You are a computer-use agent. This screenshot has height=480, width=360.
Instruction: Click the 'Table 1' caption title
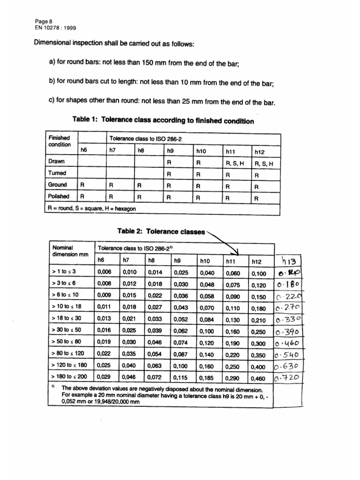(x=163, y=121)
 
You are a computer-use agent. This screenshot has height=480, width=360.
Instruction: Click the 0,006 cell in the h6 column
(x=104, y=272)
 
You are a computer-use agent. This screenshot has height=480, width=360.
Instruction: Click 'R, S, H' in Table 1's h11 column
(x=235, y=163)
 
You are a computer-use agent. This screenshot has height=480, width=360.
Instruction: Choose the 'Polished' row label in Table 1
(x=59, y=196)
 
